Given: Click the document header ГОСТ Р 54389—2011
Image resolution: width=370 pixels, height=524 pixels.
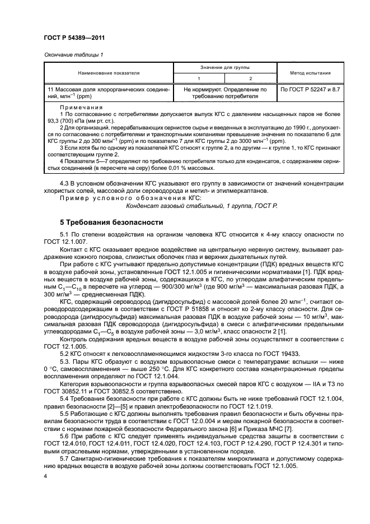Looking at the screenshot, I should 74,38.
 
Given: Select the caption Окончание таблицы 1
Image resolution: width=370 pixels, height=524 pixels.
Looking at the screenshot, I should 73,54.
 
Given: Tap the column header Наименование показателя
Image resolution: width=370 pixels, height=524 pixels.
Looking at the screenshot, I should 109,72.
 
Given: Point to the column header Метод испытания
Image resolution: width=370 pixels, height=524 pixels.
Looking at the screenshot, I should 310,72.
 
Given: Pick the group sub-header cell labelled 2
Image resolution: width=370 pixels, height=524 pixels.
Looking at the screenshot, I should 251,78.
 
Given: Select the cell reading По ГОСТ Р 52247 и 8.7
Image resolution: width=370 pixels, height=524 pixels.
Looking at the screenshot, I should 310,89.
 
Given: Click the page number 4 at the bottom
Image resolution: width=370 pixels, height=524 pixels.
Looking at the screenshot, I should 45,475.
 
